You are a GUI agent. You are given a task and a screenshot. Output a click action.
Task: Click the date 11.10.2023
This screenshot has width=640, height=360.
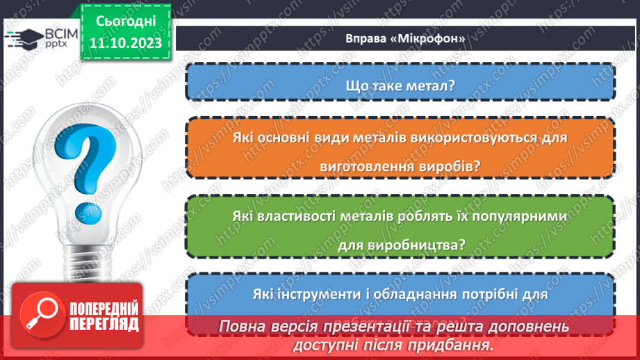[x=124, y=44]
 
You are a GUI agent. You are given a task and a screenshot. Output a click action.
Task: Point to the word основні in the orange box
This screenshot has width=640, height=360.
[x=303, y=138]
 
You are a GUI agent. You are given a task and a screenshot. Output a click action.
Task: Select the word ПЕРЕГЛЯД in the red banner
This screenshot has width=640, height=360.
[x=105, y=325]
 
